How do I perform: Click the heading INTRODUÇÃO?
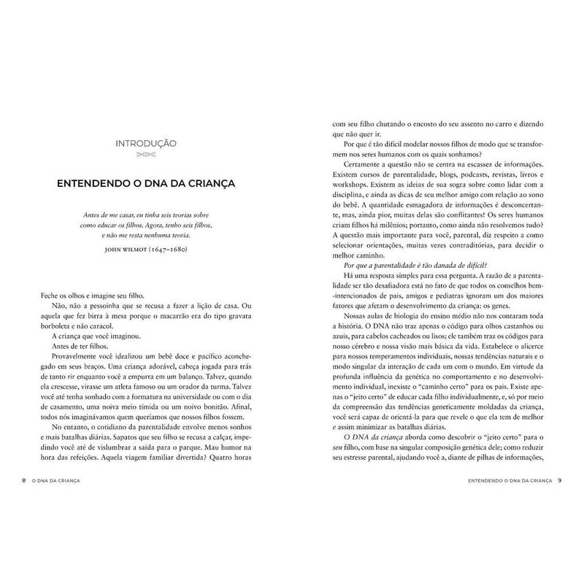(x=146, y=143)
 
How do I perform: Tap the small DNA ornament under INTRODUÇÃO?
(x=146, y=156)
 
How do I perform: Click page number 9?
(x=559, y=480)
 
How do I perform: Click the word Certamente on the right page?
(x=364, y=166)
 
